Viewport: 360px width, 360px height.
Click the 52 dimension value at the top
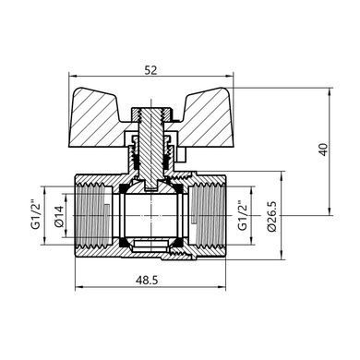click(x=150, y=70)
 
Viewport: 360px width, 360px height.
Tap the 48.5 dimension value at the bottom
click(x=147, y=281)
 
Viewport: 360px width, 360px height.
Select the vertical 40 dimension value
click(x=324, y=150)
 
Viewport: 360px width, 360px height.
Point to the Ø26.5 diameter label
click(x=273, y=216)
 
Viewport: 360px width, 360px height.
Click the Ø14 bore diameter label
click(x=59, y=216)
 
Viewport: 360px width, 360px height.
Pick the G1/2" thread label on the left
click(x=35, y=214)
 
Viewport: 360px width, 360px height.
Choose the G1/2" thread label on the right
click(x=243, y=215)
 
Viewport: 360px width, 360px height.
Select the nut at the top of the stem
click(x=150, y=114)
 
